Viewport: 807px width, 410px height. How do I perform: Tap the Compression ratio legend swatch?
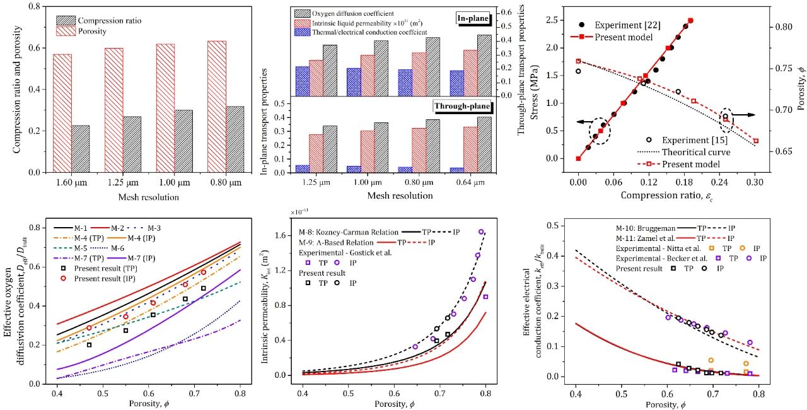[66, 21]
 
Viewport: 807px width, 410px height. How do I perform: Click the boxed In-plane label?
[474, 20]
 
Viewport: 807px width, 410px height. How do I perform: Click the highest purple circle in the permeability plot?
[481, 232]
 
